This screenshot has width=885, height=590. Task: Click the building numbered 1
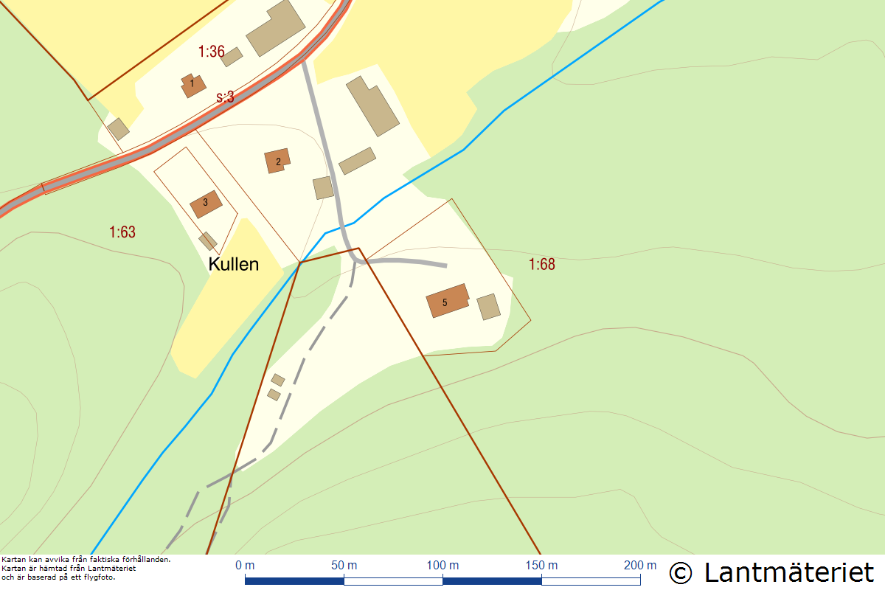(193, 86)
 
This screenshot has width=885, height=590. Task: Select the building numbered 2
(277, 161)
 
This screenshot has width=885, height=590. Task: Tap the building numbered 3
(206, 204)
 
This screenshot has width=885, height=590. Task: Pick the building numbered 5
(446, 301)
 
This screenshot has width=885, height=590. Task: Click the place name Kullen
(234, 264)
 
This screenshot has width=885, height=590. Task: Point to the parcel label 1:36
(211, 52)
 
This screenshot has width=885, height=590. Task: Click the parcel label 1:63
(122, 232)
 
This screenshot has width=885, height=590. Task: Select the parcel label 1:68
(541, 264)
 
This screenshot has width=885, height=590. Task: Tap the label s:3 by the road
(225, 97)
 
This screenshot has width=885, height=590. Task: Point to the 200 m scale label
(639, 566)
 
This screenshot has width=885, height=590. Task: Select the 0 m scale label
(245, 566)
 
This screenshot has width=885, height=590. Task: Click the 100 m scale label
(442, 566)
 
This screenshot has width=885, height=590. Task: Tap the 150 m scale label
(541, 566)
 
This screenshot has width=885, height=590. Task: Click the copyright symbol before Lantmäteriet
(681, 573)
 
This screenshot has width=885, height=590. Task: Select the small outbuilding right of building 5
(488, 307)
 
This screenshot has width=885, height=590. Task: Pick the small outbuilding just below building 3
(208, 241)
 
